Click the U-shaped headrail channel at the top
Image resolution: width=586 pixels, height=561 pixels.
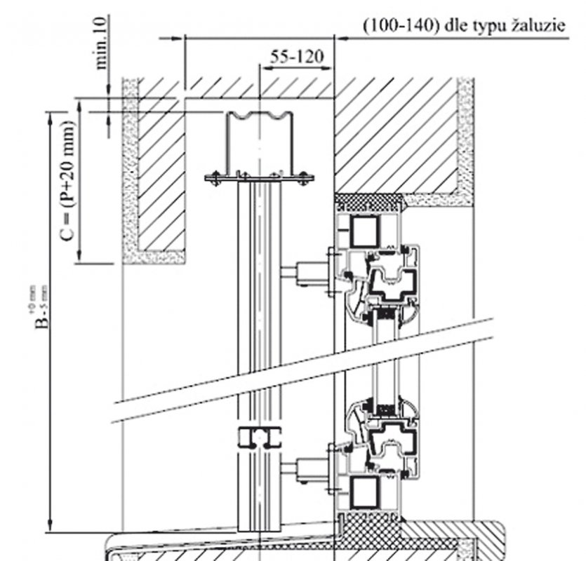(x=259, y=144)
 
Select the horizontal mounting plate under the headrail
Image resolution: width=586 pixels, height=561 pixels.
(x=259, y=179)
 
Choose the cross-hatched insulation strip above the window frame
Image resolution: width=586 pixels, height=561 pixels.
(x=369, y=201)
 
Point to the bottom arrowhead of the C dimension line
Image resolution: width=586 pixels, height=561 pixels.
(x=79, y=257)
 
